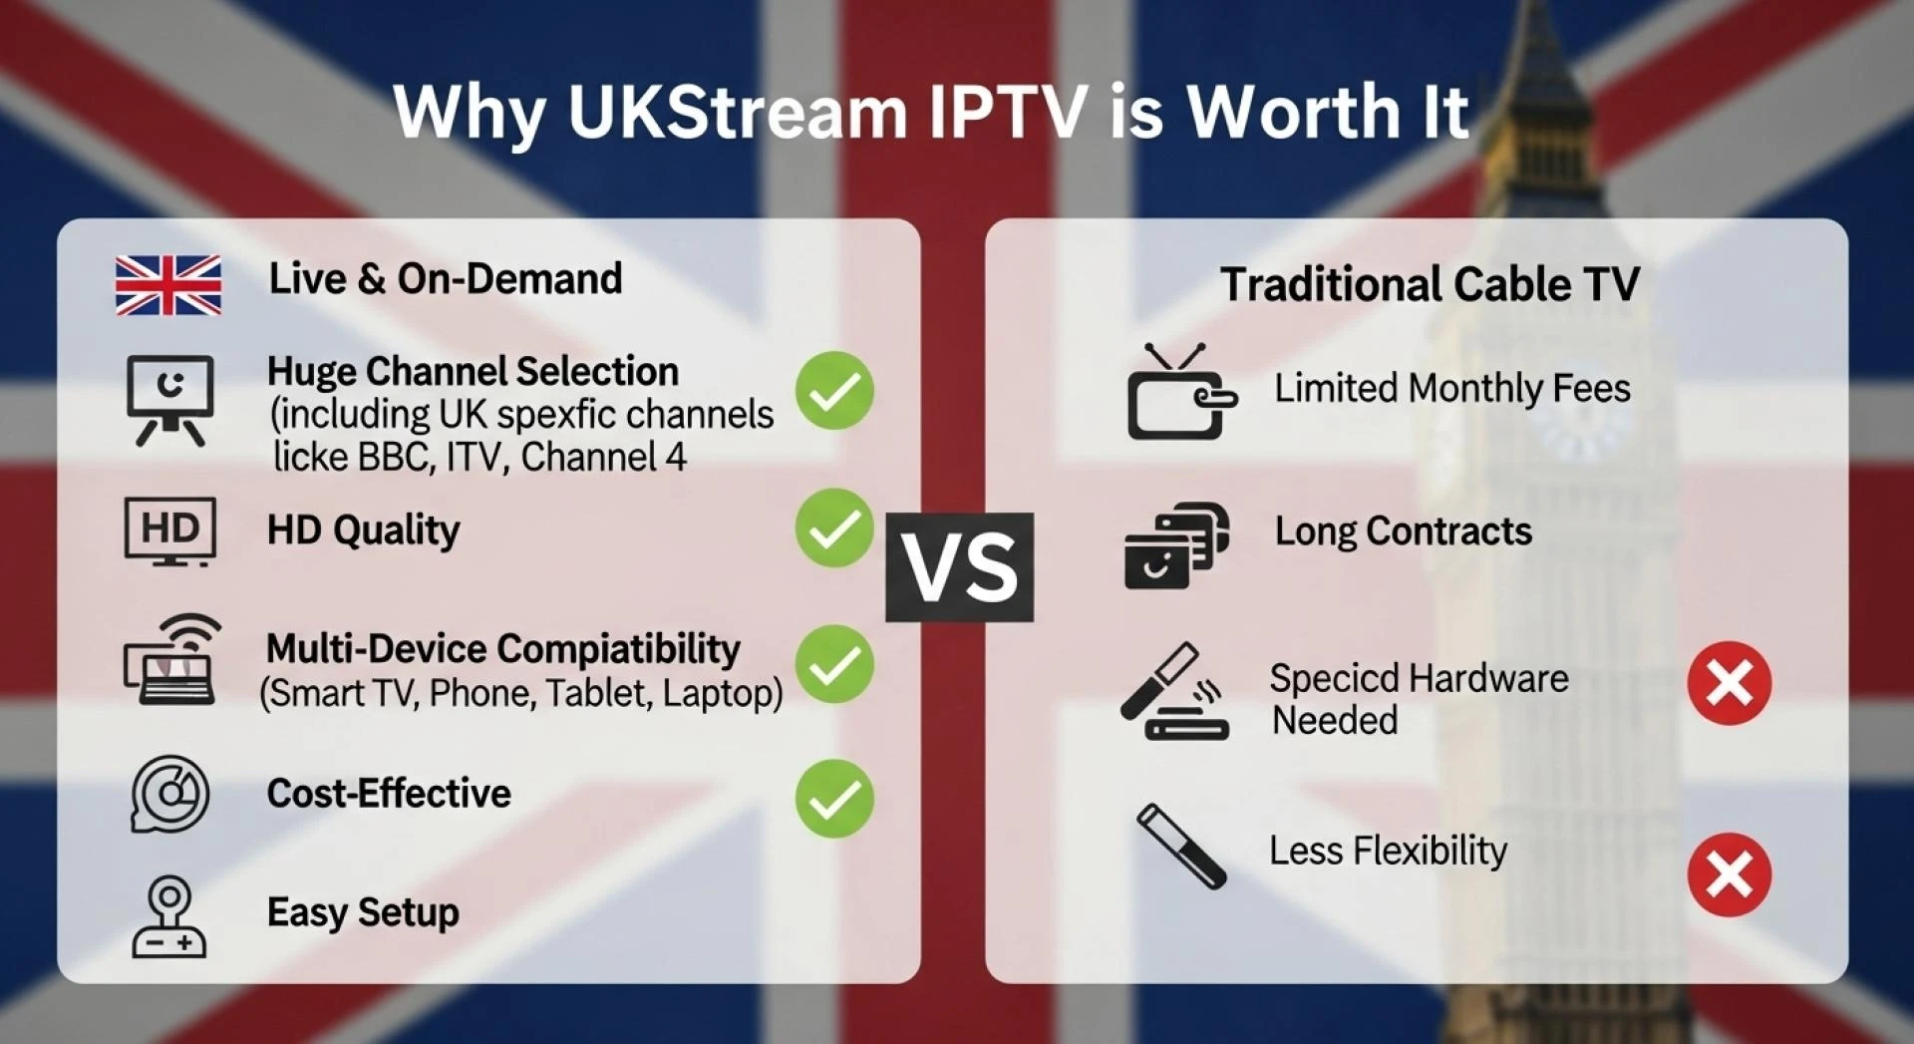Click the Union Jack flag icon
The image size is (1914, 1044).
167,285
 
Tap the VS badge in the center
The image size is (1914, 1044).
959,567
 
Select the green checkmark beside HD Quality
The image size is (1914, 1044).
834,527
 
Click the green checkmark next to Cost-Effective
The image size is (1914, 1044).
834,798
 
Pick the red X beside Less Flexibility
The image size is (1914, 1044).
1729,874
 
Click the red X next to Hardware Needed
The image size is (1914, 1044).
1729,683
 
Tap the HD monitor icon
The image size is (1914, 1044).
169,530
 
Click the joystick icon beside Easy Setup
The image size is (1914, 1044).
169,917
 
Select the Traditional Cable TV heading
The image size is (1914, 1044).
1430,284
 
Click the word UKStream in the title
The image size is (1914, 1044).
737,111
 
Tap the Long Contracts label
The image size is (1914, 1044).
1403,531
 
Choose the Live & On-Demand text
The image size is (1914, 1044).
445,279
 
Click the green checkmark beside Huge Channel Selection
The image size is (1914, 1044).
834,391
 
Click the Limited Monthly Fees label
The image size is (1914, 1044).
1451,388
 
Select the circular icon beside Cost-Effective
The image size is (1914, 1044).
169,794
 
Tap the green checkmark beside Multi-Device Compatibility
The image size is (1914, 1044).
834,664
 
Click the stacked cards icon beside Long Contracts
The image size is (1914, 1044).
1176,546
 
